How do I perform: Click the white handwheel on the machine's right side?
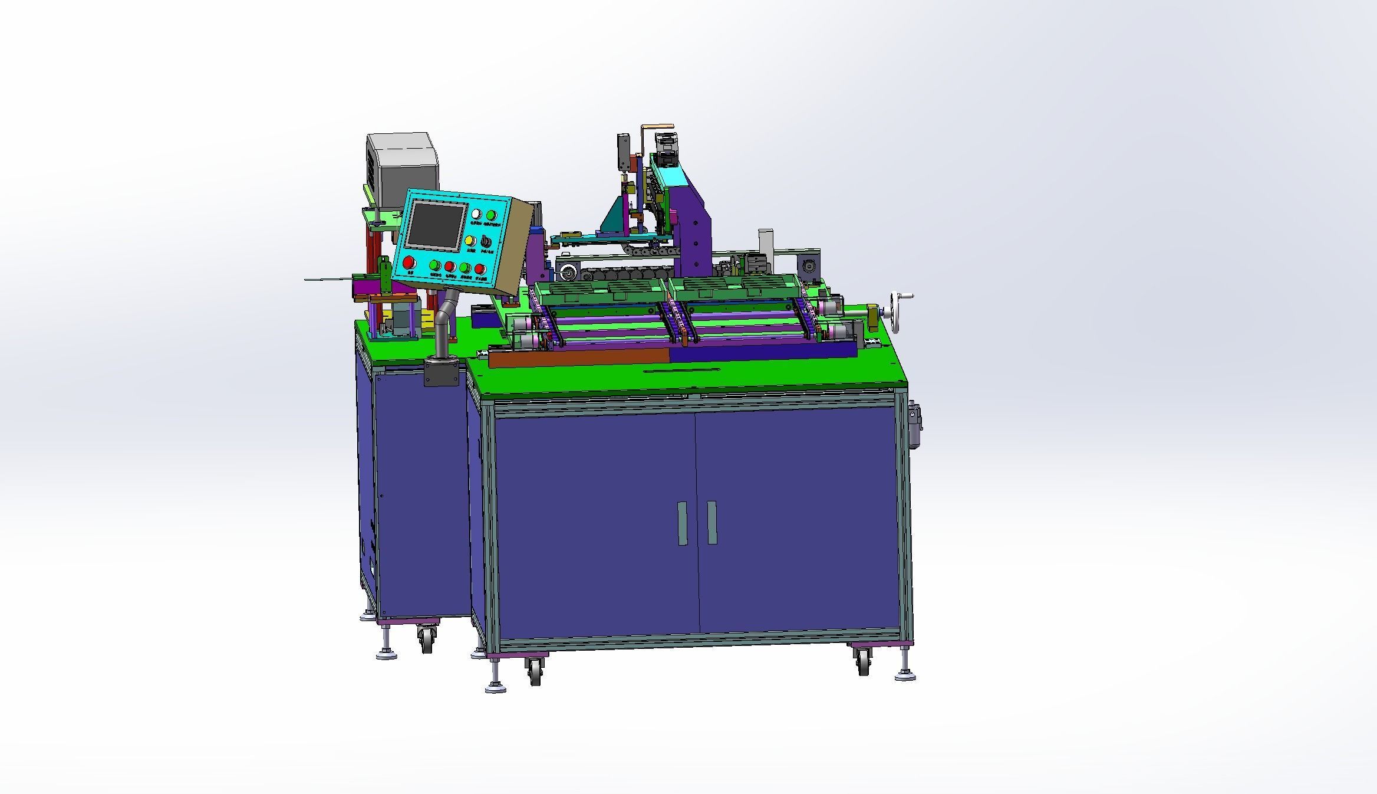897,300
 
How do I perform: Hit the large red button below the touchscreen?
408,263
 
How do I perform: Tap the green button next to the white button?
490,215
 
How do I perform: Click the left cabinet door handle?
683,523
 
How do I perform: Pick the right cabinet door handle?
711,522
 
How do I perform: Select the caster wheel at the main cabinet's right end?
864,661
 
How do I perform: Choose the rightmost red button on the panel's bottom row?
480,270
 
